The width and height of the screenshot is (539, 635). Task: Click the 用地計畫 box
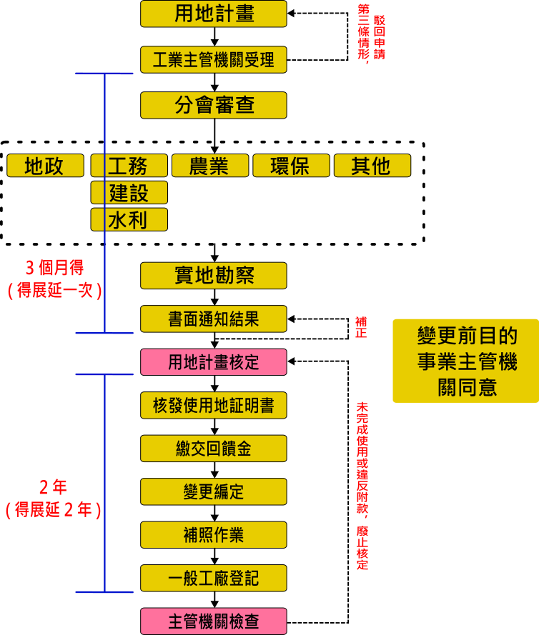click(214, 14)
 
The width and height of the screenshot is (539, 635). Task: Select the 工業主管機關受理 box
click(214, 59)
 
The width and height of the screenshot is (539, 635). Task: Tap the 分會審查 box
click(214, 105)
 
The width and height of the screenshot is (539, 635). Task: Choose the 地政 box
click(45, 166)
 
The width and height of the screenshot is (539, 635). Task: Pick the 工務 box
click(129, 166)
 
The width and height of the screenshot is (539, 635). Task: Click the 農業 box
click(209, 166)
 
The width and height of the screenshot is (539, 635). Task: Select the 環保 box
click(291, 166)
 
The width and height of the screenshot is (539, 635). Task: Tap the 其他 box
click(372, 166)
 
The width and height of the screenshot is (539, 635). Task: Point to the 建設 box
click(129, 192)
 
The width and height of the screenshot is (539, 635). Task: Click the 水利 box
click(129, 219)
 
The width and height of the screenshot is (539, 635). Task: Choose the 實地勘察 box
click(214, 275)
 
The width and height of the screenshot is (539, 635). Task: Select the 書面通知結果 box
click(214, 319)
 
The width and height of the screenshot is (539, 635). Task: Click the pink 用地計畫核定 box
click(214, 361)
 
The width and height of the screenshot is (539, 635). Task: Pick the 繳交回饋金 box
click(214, 449)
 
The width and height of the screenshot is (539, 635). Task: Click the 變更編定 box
click(214, 491)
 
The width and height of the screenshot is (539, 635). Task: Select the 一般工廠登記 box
click(214, 577)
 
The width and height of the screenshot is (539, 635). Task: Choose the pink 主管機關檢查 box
click(214, 621)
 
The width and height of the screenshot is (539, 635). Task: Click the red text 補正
click(361, 327)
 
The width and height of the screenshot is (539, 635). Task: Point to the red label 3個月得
click(54, 268)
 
